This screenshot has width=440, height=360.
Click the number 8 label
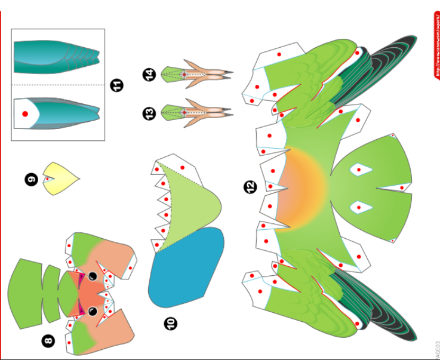point(48,341)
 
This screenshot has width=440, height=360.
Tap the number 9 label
point(31,178)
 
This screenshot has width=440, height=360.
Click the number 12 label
point(250,187)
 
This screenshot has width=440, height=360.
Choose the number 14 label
point(149,75)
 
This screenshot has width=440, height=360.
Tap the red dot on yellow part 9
point(47,179)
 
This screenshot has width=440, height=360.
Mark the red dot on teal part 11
point(25,113)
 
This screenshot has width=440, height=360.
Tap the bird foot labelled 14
point(197,73)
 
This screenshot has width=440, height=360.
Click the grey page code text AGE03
point(436,349)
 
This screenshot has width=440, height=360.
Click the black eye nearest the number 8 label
point(93,312)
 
